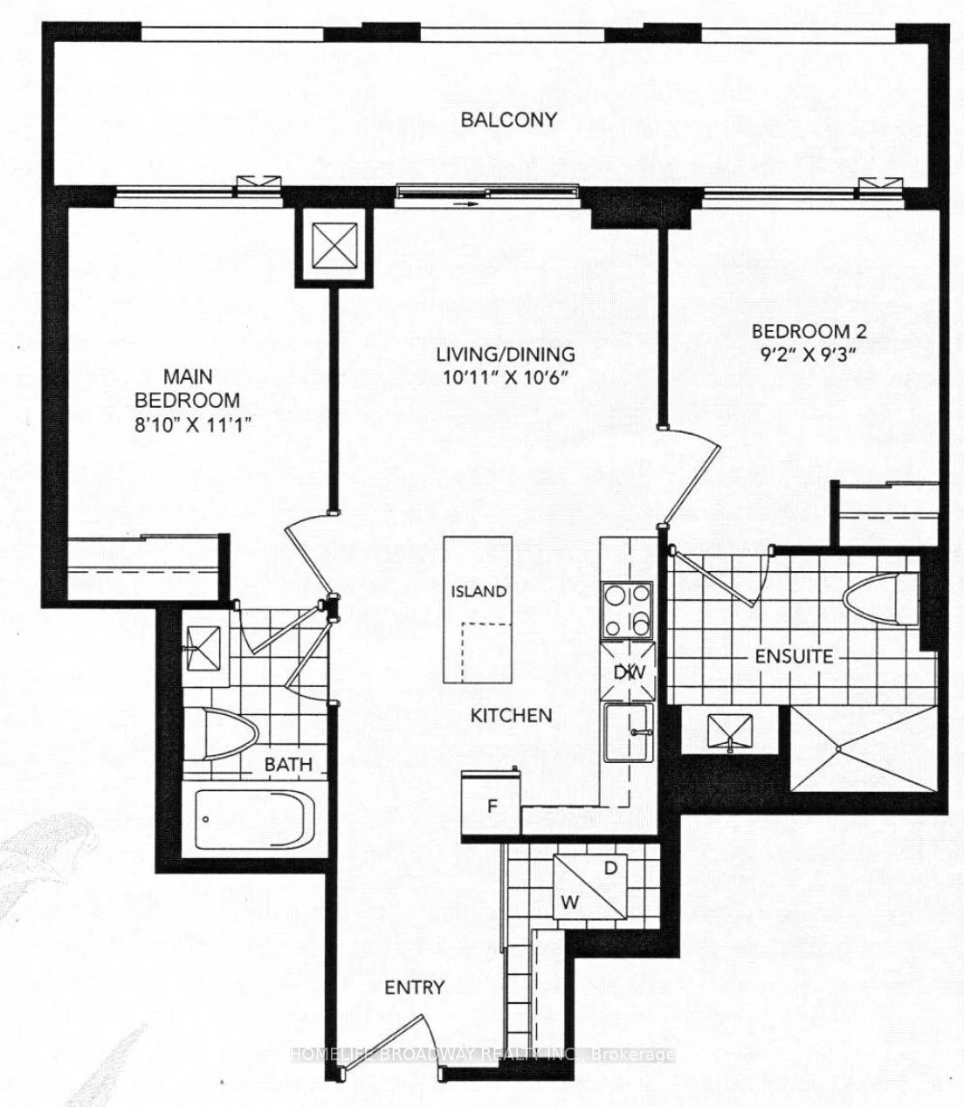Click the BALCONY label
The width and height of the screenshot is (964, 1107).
point(508,120)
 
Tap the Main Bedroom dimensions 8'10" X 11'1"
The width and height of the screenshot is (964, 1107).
point(194,426)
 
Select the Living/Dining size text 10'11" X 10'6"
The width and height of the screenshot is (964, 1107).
point(506,377)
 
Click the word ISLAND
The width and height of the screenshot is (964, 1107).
point(479,591)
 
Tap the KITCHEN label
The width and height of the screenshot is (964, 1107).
point(511,715)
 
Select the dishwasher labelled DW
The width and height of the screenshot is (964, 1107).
point(628,671)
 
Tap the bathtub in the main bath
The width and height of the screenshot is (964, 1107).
point(254,821)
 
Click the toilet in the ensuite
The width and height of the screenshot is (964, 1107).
point(881,600)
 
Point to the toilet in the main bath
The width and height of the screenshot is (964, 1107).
point(231,733)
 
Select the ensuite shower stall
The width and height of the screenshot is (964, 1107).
point(864,748)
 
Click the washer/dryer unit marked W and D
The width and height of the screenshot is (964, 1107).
point(590,886)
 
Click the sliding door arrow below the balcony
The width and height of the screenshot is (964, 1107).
point(466,204)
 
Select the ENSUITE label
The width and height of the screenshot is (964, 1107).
point(794,657)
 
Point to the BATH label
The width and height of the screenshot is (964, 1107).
point(288,765)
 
